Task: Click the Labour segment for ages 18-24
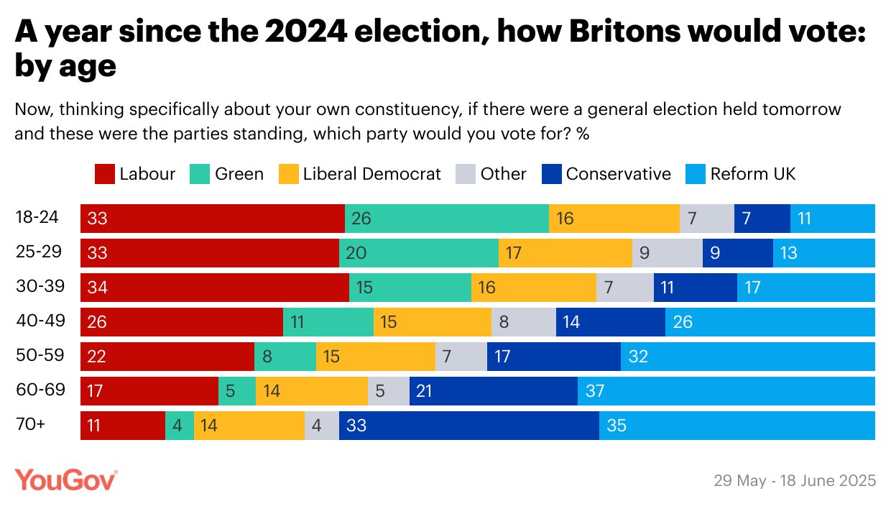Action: pyautogui.click(x=212, y=219)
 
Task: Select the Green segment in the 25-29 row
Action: pyautogui.click(x=418, y=253)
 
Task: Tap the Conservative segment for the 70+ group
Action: pyautogui.click(x=468, y=426)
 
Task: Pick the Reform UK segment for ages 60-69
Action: pyautogui.click(x=726, y=391)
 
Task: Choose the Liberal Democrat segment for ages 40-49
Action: pyautogui.click(x=432, y=322)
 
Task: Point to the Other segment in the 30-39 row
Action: pyautogui.click(x=624, y=288)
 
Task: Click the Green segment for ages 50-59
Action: pyautogui.click(x=285, y=357)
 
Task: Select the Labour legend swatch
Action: pyautogui.click(x=104, y=174)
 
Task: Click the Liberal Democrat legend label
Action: pyautogui.click(x=372, y=174)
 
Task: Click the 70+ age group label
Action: pyautogui.click(x=31, y=425)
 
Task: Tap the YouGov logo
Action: pyautogui.click(x=66, y=480)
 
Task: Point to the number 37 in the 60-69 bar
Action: pyautogui.click(x=595, y=391)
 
